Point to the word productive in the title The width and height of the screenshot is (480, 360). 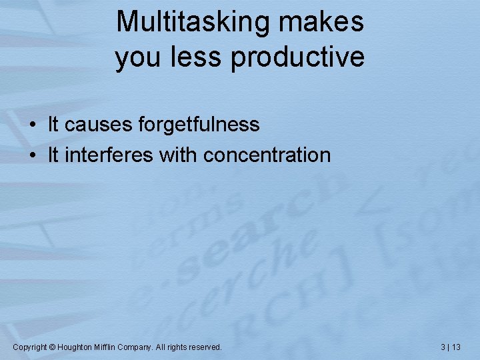pos(298,58)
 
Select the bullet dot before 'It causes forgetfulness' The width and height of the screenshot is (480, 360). pos(32,125)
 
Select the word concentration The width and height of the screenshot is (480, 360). pos(267,155)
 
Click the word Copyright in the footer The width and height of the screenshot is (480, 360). pos(30,347)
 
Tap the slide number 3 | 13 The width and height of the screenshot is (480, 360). pos(451,347)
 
